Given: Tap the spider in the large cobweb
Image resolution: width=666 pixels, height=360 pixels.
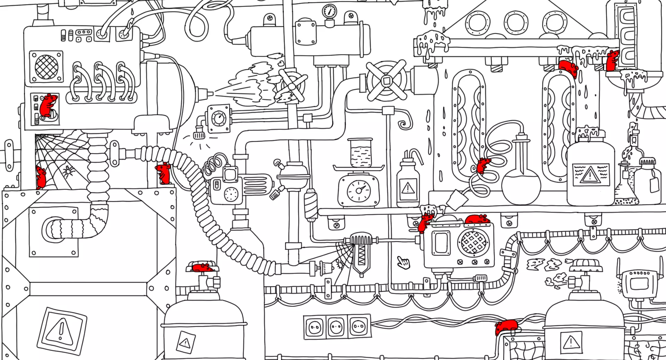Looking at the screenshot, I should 68,171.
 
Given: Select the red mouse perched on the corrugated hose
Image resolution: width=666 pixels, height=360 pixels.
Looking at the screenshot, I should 164,173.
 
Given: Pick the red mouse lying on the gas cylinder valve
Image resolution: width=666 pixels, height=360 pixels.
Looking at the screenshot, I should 202,268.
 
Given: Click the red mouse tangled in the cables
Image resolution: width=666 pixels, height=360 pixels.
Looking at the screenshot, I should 506,326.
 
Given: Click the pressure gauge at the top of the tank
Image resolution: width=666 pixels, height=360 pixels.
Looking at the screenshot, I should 329,11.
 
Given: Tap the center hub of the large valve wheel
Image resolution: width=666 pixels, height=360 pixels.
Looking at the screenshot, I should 387,81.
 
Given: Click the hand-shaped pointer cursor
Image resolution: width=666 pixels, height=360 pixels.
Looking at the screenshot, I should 403,262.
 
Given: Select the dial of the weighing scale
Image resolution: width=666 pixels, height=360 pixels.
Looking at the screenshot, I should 359,191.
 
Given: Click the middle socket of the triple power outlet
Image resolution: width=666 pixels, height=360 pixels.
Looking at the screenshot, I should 336,327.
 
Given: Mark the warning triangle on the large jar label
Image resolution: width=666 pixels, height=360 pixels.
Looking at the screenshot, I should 590,174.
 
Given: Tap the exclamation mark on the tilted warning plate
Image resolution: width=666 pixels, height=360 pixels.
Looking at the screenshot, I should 62,330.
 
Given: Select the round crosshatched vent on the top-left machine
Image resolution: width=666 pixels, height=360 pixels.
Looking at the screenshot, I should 46,67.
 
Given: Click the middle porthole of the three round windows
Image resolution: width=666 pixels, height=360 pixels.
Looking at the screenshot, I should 516,23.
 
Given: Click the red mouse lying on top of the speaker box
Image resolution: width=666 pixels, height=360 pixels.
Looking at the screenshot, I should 477,219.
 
